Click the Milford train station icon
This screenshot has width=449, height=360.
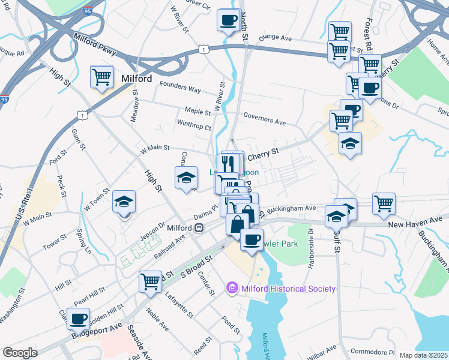tap(198, 228)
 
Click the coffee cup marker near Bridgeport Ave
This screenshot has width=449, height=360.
tap(78, 318)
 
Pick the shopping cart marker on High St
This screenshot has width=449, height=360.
tap(101, 76)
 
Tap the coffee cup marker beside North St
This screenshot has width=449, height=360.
tap(228, 19)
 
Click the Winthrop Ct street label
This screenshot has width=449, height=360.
tap(194, 127)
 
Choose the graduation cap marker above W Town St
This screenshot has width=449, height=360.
tap(124, 202)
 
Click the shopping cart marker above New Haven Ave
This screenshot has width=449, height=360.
tap(384, 203)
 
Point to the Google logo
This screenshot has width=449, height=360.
tap(20, 353)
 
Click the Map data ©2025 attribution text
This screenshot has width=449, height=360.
tap(423, 355)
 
